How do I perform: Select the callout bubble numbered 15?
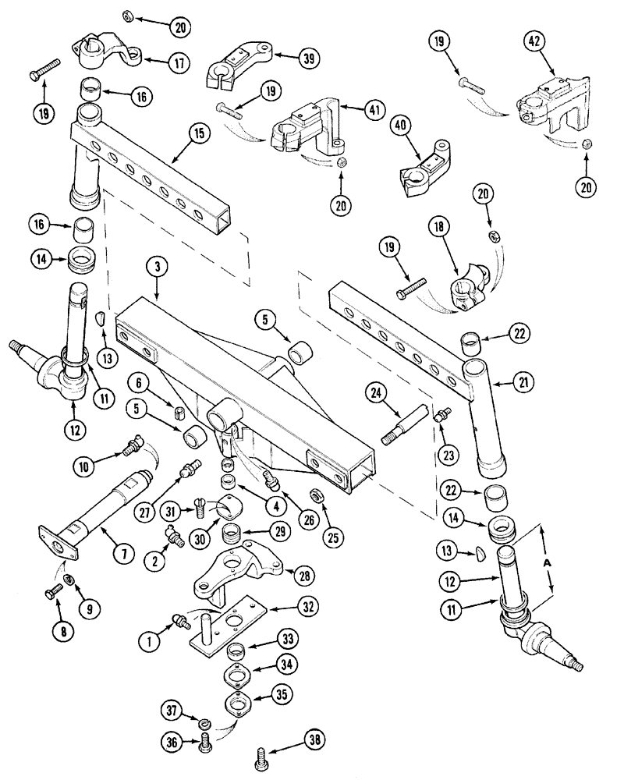(x=199, y=134)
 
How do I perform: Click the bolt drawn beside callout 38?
(x=261, y=755)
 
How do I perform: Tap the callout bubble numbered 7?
(x=123, y=553)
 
